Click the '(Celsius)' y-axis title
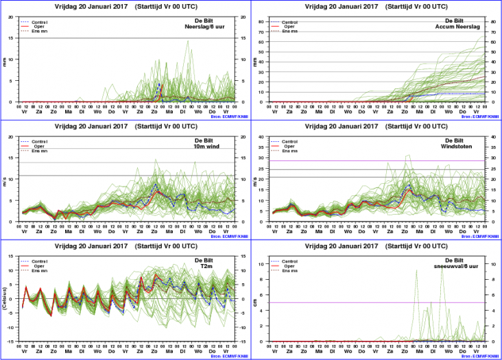(x=5, y=299)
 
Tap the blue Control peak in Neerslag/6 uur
(x=159, y=84)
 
